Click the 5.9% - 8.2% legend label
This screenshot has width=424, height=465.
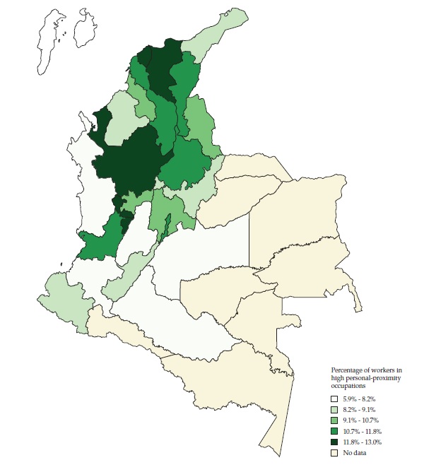pos(360,399)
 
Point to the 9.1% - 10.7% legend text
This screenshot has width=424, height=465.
pos(361,420)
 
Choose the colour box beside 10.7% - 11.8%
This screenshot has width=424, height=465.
pos(336,430)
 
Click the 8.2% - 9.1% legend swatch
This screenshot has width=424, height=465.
pos(336,410)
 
